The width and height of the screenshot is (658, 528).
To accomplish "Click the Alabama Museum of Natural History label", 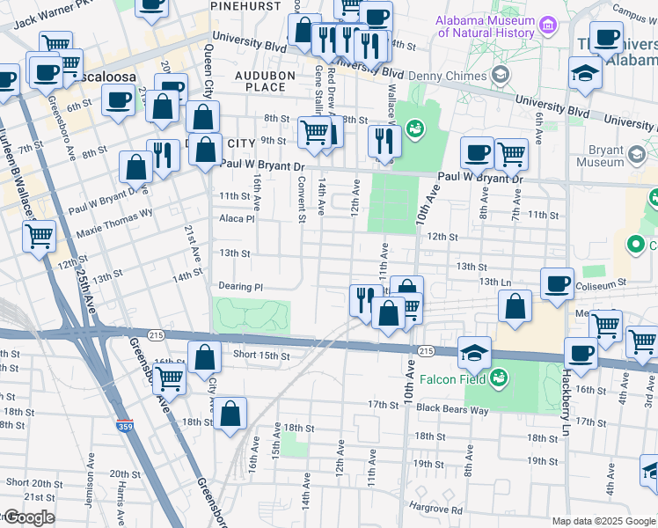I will [x=486, y=26].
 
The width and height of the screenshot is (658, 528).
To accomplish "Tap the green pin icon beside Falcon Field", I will [x=499, y=378].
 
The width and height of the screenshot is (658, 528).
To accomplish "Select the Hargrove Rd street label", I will [x=435, y=508].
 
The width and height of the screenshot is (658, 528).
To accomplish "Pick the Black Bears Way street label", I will [x=452, y=407].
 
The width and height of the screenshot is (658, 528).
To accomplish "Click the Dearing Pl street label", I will [x=241, y=287].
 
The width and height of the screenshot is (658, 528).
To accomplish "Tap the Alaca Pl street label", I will [x=237, y=218].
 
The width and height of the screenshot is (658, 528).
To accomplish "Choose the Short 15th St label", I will [x=261, y=355].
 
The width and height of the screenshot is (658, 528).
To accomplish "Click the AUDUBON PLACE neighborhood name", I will [x=265, y=82].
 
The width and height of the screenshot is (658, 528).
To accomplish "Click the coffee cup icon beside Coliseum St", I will [x=557, y=284].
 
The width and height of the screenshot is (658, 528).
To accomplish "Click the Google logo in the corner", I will [x=28, y=517].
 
